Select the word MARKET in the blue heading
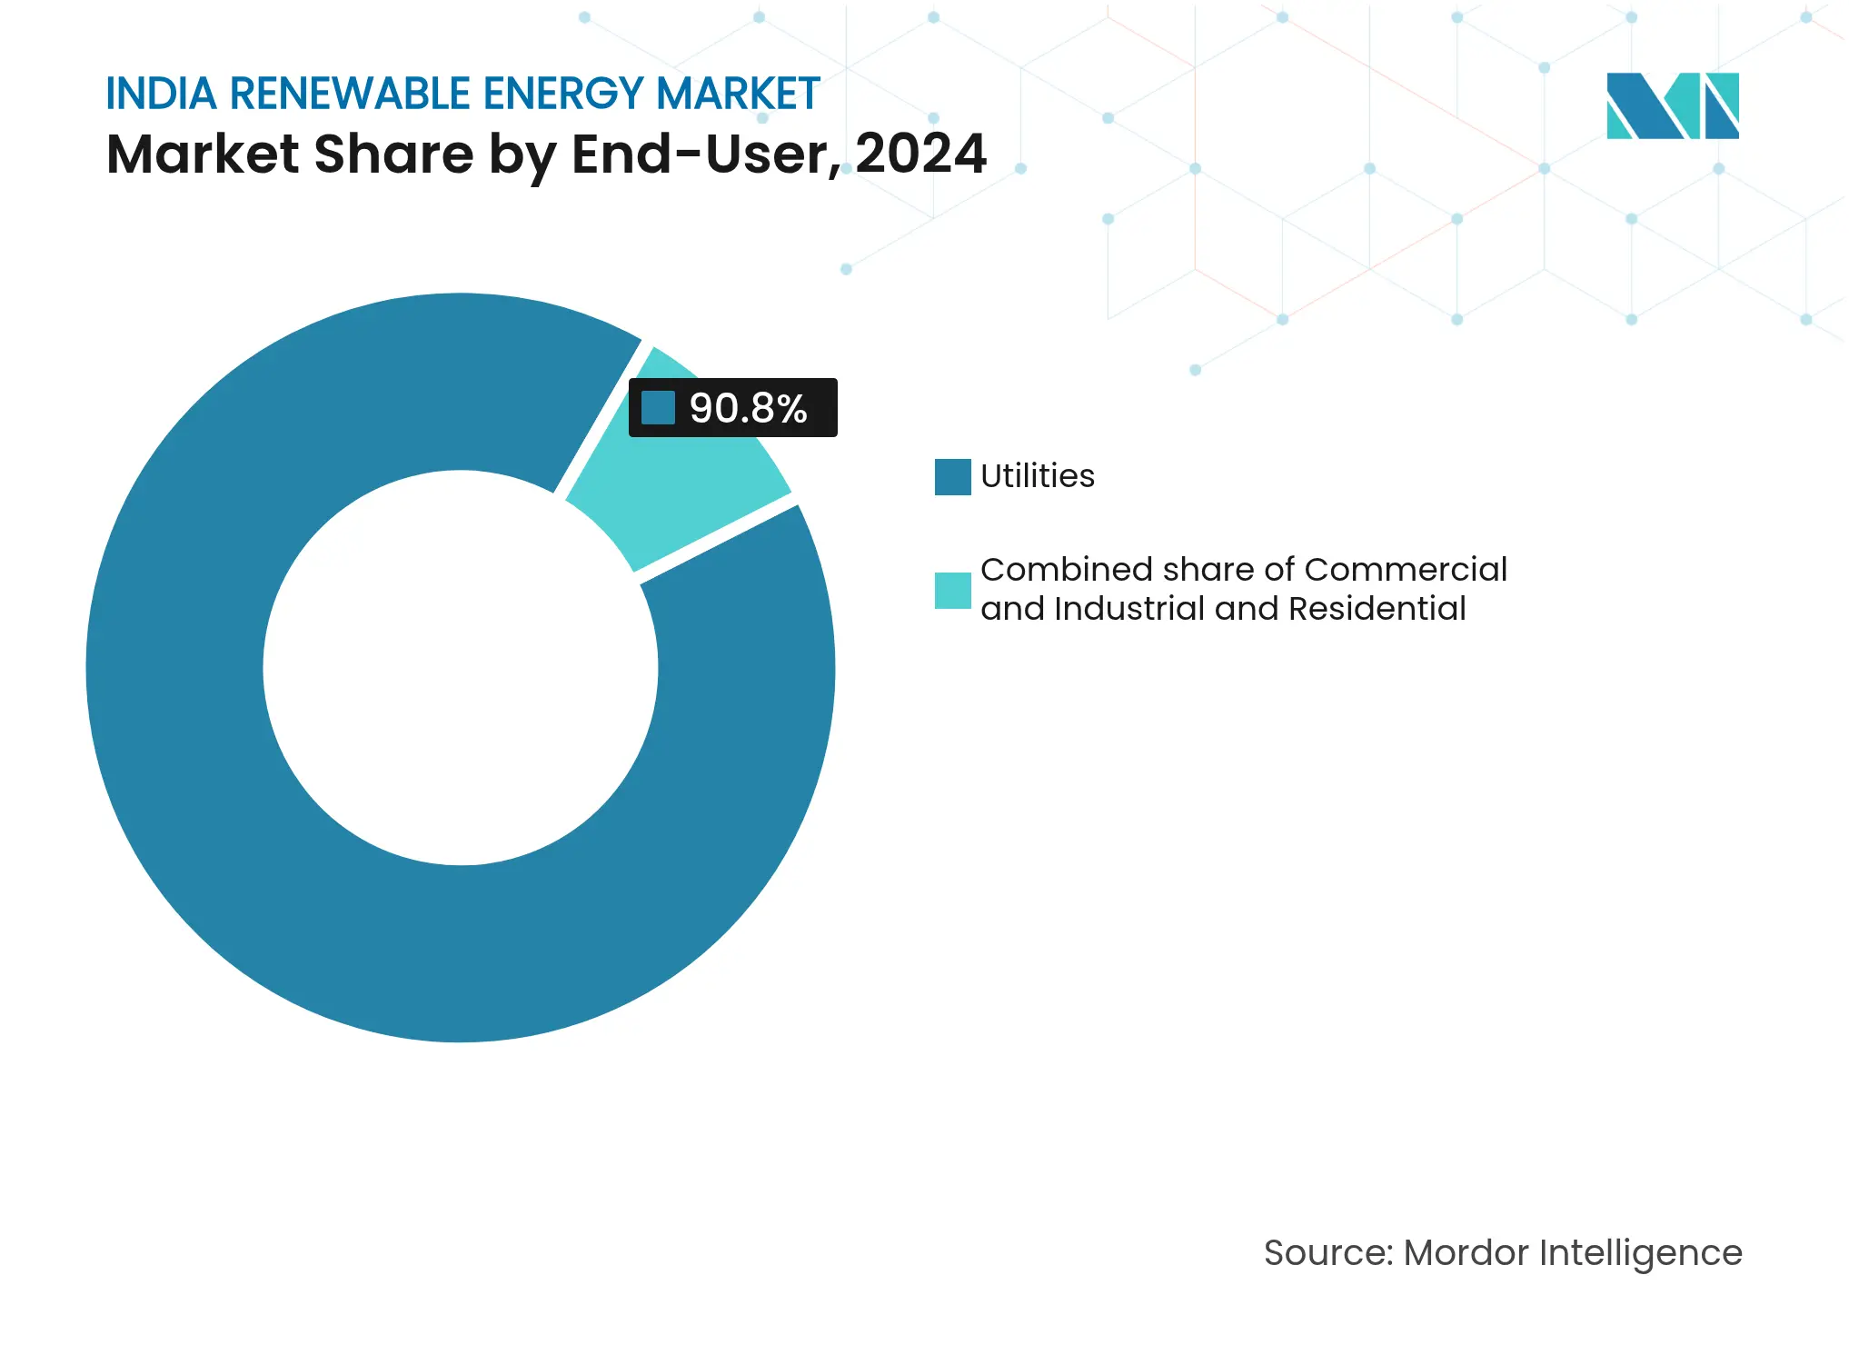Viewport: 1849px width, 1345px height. click(x=738, y=94)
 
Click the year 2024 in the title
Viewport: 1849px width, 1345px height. click(x=920, y=154)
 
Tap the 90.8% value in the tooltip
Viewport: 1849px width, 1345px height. click(x=748, y=408)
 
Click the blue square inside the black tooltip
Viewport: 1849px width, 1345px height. click(x=658, y=408)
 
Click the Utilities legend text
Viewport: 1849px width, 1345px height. click(x=1037, y=476)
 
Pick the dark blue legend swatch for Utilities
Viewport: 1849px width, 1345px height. click(x=952, y=477)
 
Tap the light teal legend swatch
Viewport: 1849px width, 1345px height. click(x=952, y=591)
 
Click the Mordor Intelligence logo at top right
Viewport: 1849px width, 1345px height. click(x=1672, y=106)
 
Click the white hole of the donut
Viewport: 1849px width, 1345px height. click(x=461, y=668)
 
